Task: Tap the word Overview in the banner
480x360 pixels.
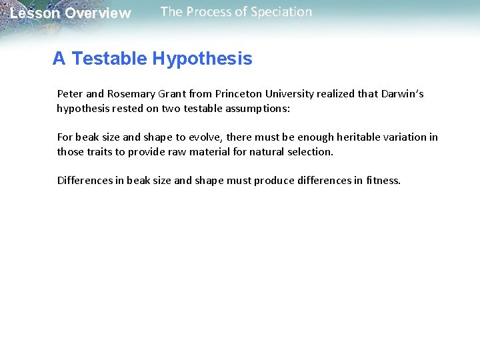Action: (x=98, y=13)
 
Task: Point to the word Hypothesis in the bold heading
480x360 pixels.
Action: (x=202, y=59)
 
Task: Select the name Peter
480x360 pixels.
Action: (x=70, y=94)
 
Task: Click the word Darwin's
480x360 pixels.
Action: (x=402, y=94)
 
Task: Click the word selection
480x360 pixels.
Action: (x=310, y=152)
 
